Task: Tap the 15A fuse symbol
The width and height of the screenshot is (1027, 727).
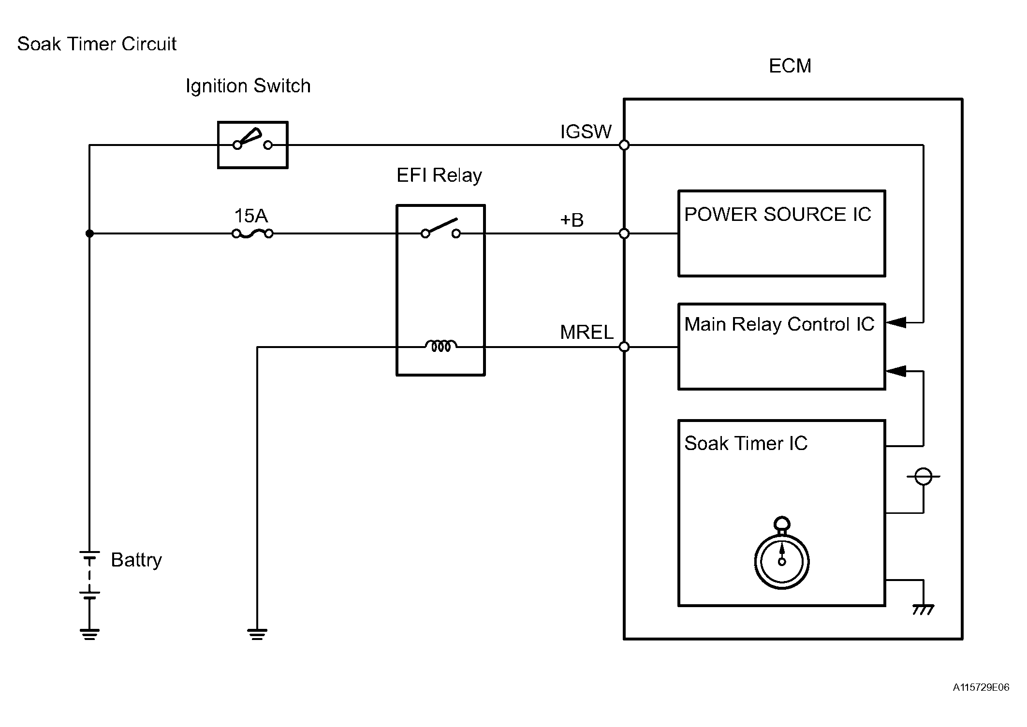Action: click(252, 234)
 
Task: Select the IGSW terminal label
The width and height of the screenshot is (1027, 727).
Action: click(586, 131)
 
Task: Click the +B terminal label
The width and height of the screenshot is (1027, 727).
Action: click(572, 220)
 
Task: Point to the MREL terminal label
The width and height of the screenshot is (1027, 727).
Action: click(587, 332)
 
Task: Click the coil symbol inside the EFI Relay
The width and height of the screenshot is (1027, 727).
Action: click(440, 346)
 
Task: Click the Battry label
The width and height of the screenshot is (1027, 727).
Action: click(136, 560)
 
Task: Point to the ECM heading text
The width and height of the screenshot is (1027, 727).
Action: click(790, 66)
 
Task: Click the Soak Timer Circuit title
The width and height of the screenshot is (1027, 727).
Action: click(97, 44)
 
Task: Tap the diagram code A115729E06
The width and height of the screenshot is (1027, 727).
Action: click(981, 687)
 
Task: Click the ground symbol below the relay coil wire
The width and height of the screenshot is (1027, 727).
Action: click(257, 634)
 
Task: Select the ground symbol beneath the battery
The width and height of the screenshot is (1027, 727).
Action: click(89, 634)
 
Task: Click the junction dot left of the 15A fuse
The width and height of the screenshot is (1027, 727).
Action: click(89, 233)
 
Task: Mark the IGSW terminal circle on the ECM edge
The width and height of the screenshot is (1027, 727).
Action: click(624, 145)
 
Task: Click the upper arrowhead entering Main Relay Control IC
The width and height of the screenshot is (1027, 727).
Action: click(896, 322)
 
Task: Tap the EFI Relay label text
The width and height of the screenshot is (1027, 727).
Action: click(439, 175)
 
